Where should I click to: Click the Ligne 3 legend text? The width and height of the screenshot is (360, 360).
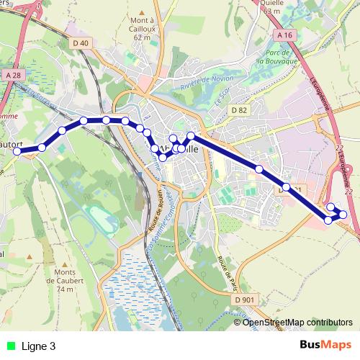point(39,346)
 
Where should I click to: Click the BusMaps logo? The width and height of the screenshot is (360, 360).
point(325,346)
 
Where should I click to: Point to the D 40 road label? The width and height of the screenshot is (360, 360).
point(81,43)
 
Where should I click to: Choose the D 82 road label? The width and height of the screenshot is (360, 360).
point(239,109)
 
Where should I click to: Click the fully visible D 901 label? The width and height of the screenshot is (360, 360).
point(245,299)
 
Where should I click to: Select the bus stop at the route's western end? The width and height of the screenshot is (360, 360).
point(17,151)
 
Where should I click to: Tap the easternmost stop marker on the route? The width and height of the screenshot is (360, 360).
point(343,215)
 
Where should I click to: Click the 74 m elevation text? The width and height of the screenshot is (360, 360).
point(65,289)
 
